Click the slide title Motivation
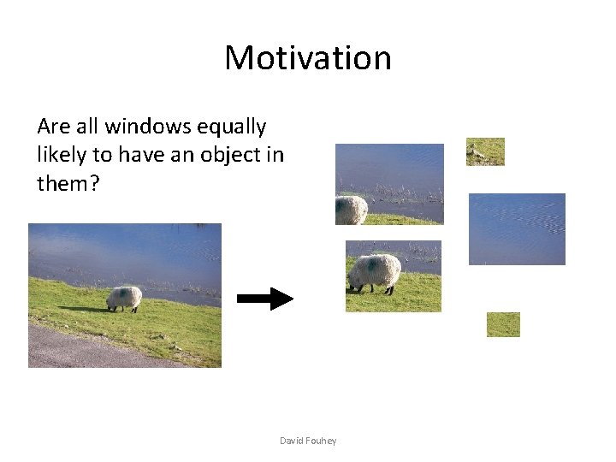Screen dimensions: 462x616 [308, 58]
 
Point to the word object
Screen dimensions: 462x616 [229, 155]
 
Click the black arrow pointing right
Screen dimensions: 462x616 [264, 299]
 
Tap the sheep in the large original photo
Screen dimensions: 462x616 [124, 298]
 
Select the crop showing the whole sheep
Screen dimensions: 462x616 [394, 275]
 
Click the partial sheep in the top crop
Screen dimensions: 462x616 [351, 210]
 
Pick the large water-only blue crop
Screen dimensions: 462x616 [517, 228]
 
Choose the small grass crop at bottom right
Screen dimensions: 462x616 [503, 324]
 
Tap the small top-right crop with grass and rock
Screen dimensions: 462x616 [485, 151]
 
